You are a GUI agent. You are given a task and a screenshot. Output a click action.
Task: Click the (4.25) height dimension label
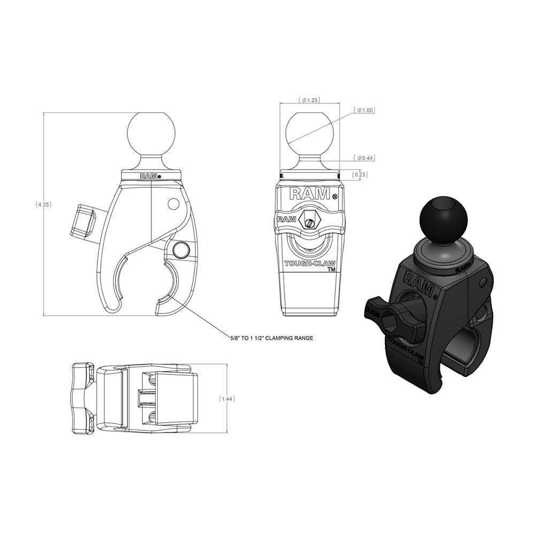click(x=43, y=204)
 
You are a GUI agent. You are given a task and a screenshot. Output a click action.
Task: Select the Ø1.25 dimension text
click(x=310, y=100)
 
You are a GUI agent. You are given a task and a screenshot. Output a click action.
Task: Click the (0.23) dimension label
click(x=360, y=174)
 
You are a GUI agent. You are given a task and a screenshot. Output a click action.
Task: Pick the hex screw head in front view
click(x=309, y=219)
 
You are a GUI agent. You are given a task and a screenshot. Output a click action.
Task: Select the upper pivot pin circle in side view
click(x=173, y=204)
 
